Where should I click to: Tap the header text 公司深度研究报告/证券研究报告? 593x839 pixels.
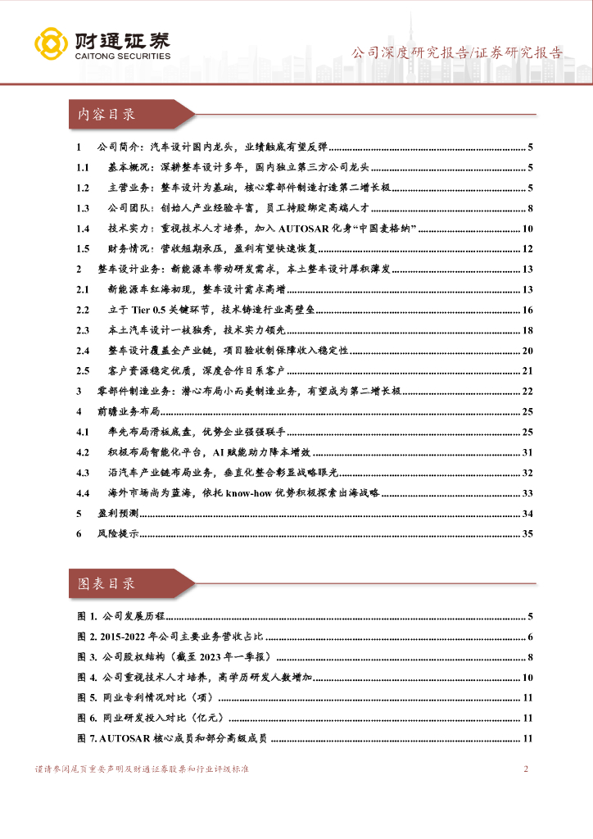click(x=457, y=53)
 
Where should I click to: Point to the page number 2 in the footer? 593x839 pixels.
click(x=526, y=769)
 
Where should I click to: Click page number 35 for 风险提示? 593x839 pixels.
click(x=527, y=533)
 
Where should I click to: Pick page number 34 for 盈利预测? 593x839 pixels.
click(x=527, y=513)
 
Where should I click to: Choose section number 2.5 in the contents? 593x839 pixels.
click(x=81, y=371)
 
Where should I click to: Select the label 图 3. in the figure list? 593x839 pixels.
click(x=87, y=657)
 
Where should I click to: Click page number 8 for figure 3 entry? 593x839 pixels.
click(x=531, y=657)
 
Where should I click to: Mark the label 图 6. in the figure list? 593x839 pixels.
click(x=87, y=719)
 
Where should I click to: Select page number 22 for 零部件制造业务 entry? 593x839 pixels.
click(x=527, y=391)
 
